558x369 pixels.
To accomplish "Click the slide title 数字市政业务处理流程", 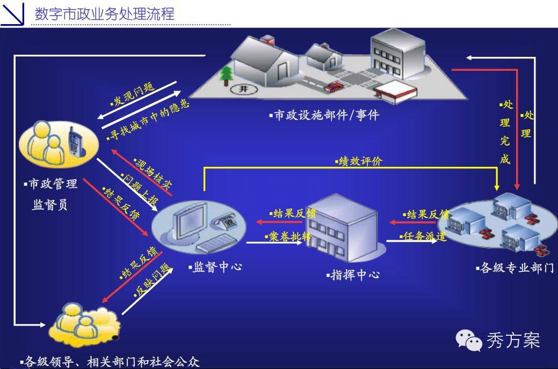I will tap(104, 13).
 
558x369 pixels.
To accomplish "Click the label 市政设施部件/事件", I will tap(325, 115).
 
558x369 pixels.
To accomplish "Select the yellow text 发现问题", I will tap(132, 94).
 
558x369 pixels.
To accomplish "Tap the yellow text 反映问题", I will tap(151, 282).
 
